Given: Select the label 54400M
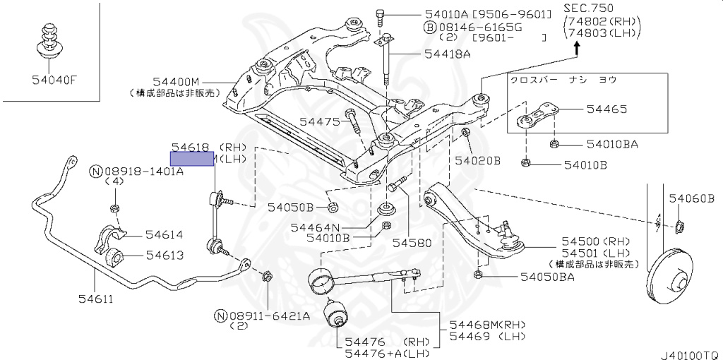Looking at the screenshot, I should [177, 82].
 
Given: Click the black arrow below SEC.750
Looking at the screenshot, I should [576, 49].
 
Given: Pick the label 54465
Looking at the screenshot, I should [607, 109].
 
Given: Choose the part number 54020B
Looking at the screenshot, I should [477, 161].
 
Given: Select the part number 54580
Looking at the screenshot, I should [412, 242].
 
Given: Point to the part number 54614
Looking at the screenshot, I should [165, 234].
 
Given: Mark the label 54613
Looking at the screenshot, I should [165, 256].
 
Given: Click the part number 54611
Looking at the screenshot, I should [96, 299].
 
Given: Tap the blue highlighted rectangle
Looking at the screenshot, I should [192, 159].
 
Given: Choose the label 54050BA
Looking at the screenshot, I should [547, 277].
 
